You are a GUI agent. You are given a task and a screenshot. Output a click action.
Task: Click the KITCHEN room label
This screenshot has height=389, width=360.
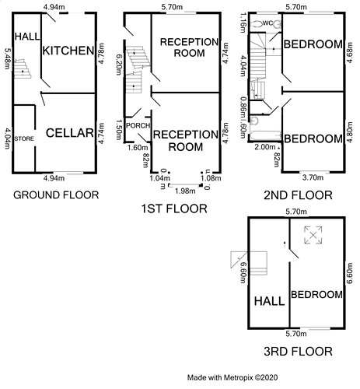(x=68, y=51)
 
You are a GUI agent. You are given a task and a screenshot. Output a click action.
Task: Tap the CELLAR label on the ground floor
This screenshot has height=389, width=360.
(x=69, y=133)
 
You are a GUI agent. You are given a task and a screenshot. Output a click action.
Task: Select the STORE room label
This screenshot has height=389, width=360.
(x=24, y=138)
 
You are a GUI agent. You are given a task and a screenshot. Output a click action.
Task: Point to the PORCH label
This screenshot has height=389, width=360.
(x=138, y=125)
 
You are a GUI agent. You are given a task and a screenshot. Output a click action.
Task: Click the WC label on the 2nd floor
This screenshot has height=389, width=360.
(x=267, y=23)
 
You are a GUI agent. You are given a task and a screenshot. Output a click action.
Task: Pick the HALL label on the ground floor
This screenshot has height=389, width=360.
(x=27, y=37)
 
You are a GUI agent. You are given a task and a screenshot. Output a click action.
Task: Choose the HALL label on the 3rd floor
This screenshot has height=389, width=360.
(x=269, y=301)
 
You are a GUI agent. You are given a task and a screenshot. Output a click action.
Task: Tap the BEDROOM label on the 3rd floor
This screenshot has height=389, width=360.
(x=316, y=295)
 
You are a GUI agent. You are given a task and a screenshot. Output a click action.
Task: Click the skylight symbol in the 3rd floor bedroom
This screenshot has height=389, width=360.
(x=313, y=235)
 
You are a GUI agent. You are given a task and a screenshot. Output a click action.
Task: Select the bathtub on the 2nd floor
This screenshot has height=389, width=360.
(x=265, y=136)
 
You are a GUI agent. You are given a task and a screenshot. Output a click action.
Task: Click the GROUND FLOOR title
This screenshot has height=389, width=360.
(x=56, y=195)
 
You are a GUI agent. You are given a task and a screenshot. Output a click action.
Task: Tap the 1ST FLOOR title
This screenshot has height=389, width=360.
(x=174, y=209)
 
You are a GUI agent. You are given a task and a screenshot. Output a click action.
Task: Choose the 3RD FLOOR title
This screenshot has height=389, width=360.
(x=298, y=352)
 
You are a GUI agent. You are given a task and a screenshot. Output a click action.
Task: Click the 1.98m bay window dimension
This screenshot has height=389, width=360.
(x=185, y=191)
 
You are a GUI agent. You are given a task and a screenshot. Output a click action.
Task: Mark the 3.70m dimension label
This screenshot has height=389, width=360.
(x=313, y=177)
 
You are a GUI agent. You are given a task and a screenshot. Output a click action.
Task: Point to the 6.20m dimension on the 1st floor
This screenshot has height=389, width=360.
(x=119, y=65)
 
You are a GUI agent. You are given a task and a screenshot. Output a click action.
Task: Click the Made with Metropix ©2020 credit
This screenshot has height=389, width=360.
(x=232, y=377)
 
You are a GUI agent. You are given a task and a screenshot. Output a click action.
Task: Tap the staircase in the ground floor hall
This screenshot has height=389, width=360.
(x=23, y=69)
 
